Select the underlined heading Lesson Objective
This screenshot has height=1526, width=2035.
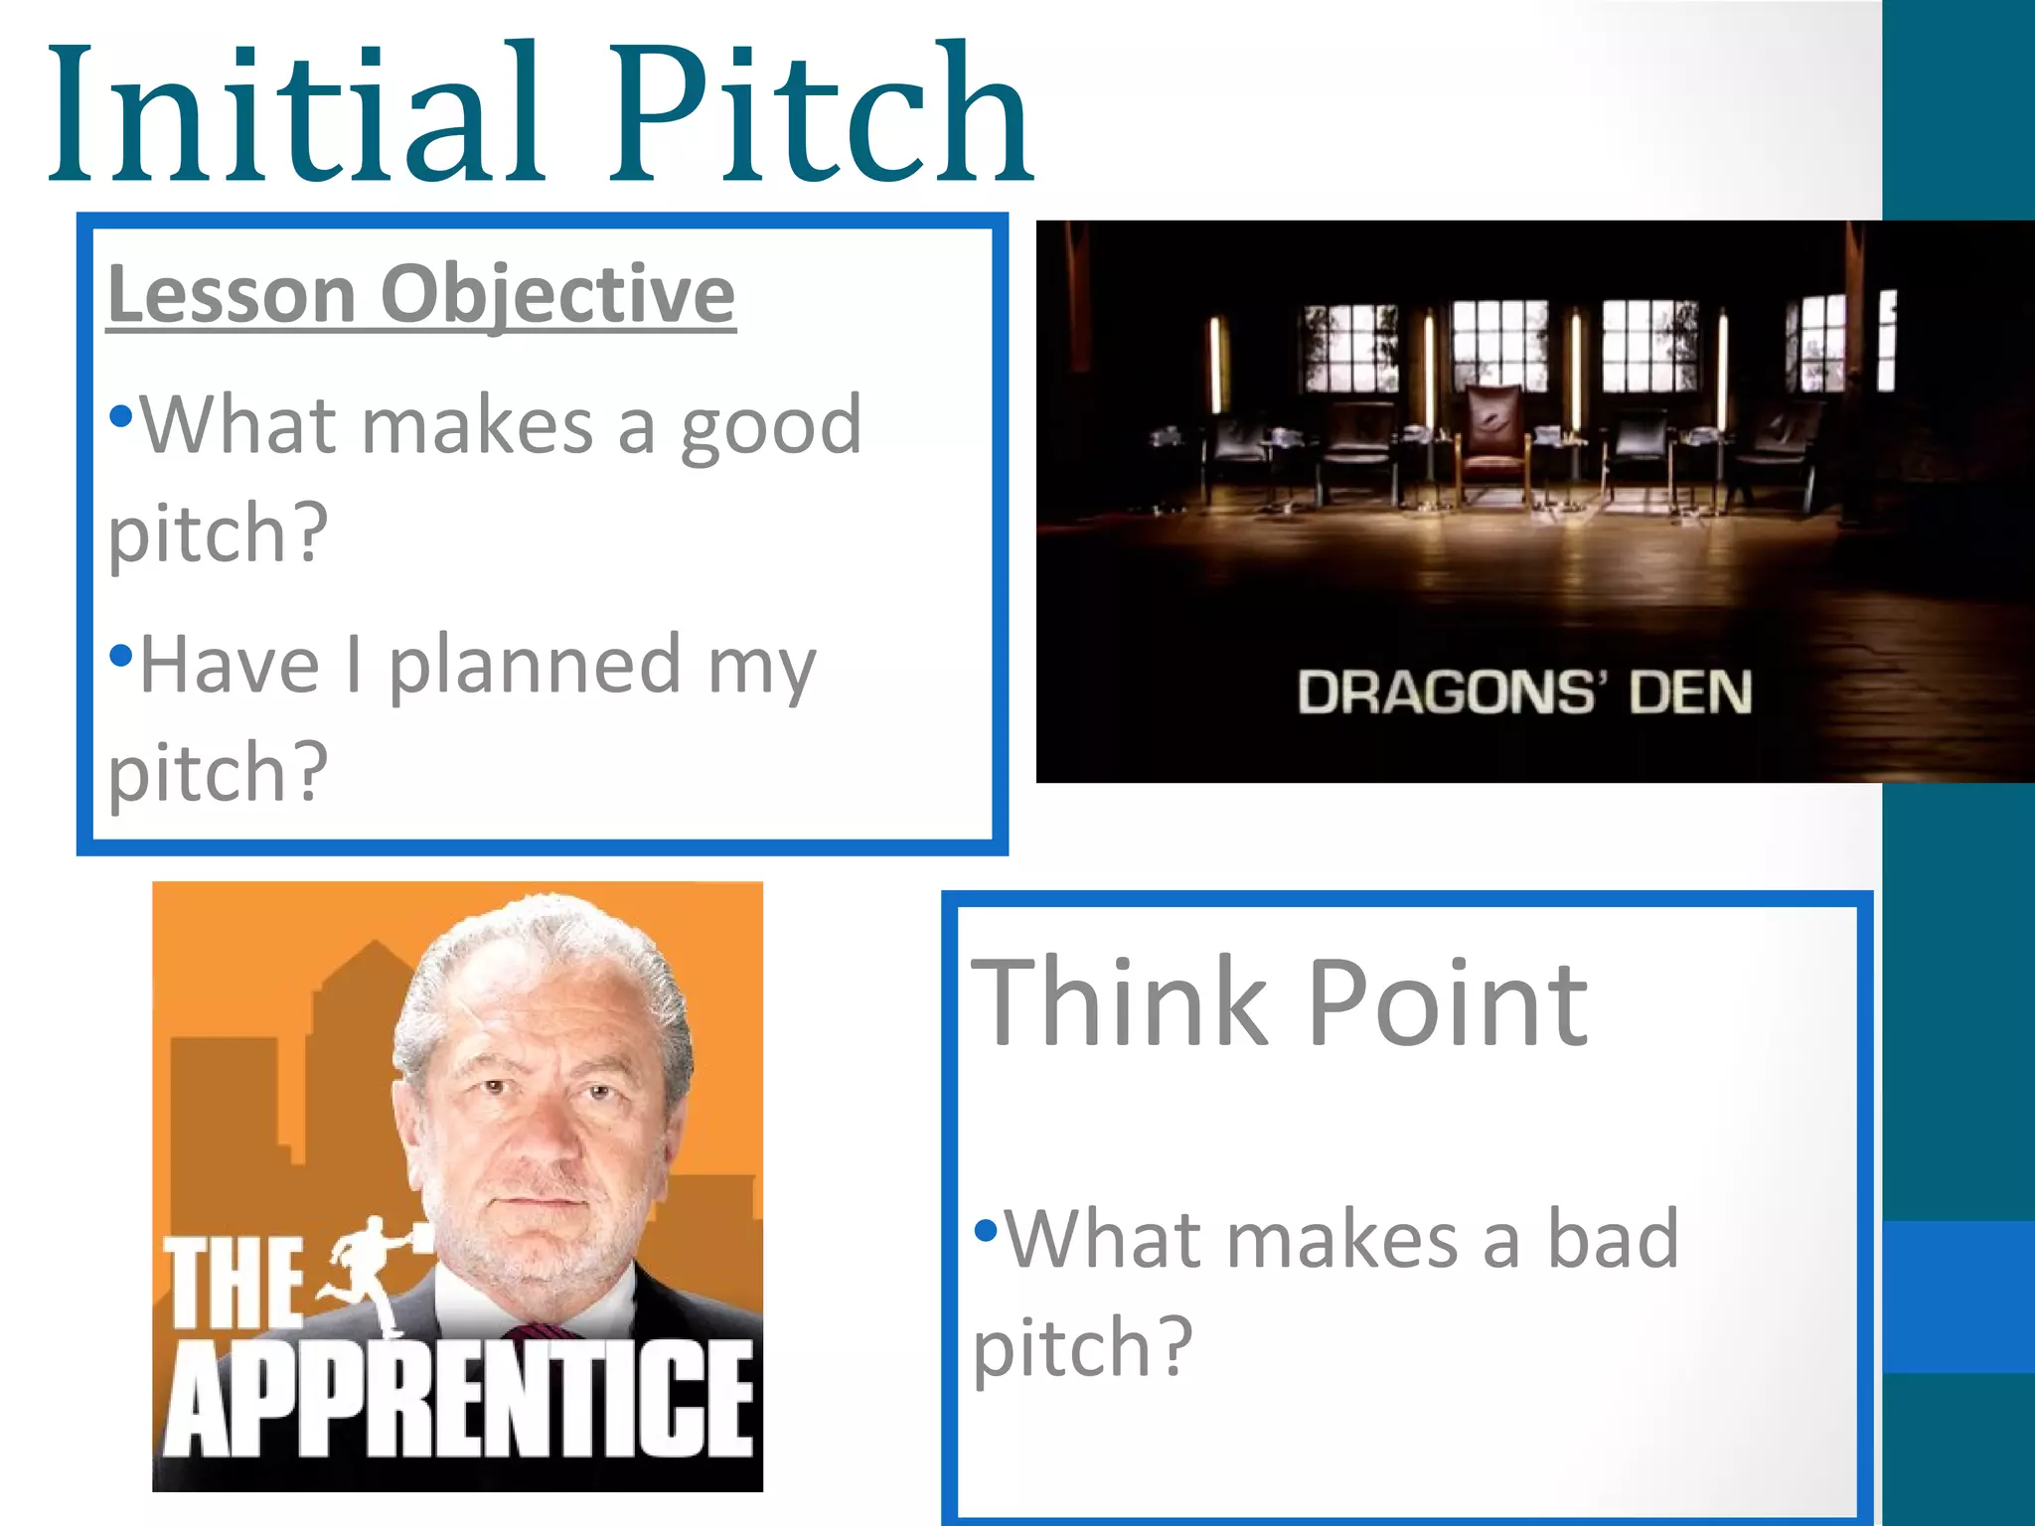421,294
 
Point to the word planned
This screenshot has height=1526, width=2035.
535,666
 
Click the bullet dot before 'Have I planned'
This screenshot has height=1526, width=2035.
120,655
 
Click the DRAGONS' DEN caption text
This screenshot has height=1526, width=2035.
1524,692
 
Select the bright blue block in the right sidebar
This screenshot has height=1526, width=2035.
1957,1297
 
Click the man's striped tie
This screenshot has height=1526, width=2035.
542,1331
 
